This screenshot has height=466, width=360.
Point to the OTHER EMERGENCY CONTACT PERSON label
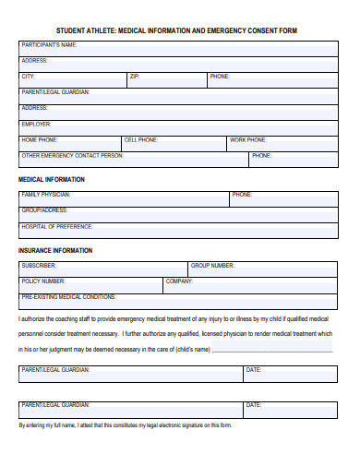point(72,156)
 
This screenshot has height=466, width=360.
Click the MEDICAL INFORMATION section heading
point(52,179)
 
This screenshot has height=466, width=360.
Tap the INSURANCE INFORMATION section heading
point(55,250)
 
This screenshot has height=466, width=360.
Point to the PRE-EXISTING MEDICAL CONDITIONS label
point(68,297)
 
